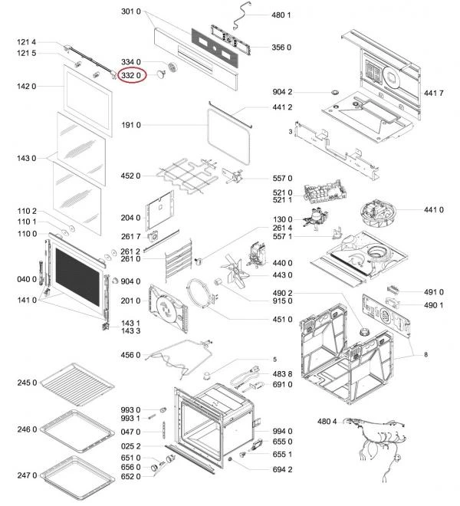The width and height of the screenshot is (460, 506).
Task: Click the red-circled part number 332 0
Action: point(131,75)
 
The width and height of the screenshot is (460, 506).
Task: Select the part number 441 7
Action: point(434,93)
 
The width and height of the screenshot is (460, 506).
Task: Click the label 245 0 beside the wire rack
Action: point(28,383)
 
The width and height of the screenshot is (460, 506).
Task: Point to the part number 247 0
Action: point(28,475)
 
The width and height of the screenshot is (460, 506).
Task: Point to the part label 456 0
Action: point(131,355)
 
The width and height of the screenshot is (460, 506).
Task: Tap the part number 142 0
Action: point(28,87)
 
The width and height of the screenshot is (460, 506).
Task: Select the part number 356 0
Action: point(282,48)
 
